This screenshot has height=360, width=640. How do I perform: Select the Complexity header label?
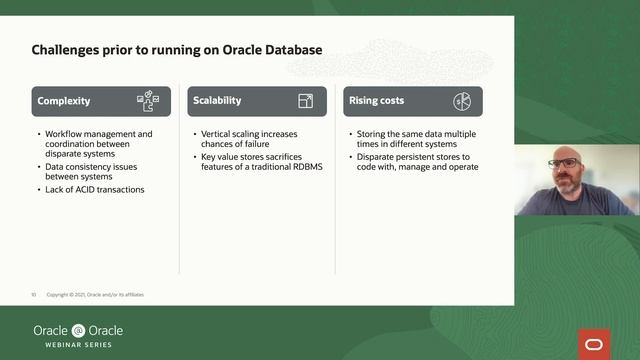point(64,101)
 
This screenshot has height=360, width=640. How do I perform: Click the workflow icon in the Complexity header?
point(147,101)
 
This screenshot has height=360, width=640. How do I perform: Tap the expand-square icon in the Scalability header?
point(306,101)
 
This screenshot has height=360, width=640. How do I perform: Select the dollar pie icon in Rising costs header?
point(462,101)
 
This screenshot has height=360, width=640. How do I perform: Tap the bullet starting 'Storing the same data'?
point(413,139)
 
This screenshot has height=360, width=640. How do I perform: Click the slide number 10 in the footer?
point(33,295)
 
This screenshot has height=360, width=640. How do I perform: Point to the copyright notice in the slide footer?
point(101,295)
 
